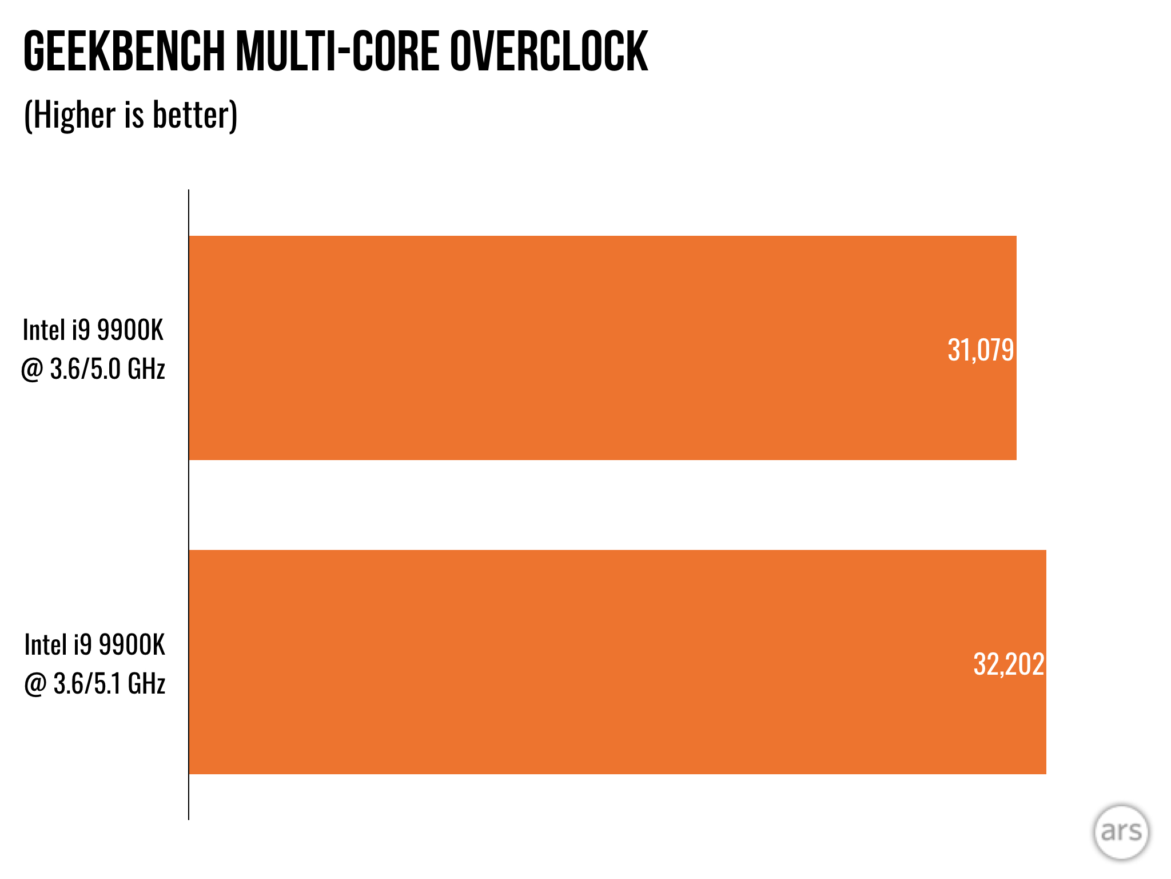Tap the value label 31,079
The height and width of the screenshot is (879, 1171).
tap(980, 350)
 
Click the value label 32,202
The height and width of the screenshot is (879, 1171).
tap(1008, 664)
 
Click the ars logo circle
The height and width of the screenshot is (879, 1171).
tap(1121, 832)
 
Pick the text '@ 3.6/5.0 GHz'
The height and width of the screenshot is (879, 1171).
tap(93, 369)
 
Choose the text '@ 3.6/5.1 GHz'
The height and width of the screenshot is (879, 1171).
tap(95, 683)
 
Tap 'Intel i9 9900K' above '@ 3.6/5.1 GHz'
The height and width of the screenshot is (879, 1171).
tap(95, 644)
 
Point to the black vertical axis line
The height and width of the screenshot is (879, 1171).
tap(189, 504)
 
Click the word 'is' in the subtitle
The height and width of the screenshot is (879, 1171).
tap(134, 114)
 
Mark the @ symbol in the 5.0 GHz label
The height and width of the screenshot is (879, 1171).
tap(31, 370)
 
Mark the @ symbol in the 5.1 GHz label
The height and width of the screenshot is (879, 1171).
tap(35, 684)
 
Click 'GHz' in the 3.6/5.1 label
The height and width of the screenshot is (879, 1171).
tap(146, 683)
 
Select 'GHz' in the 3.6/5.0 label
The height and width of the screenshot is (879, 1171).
tap(146, 369)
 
